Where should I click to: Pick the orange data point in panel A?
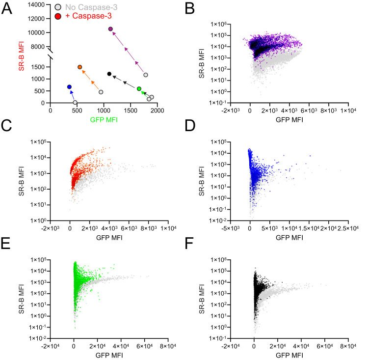(80, 67)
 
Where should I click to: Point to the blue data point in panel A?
(69, 87)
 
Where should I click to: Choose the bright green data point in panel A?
(139, 89)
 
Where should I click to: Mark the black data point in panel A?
(109, 74)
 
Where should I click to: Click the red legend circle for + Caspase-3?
(58, 16)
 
